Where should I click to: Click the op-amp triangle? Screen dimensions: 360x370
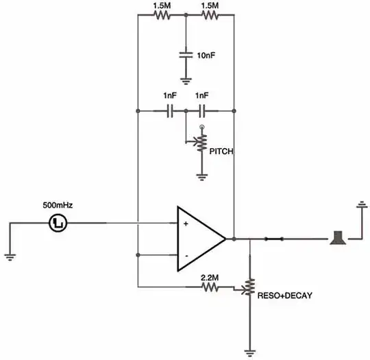(x=199, y=239)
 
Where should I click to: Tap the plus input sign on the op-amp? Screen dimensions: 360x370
(x=185, y=224)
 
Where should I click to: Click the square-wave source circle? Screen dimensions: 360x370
(x=58, y=222)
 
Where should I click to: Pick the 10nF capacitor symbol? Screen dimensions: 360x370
(x=186, y=53)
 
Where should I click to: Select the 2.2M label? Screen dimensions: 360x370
(x=209, y=276)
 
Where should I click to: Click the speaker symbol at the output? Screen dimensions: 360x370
(x=337, y=239)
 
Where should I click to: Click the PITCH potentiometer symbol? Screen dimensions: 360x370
(x=201, y=142)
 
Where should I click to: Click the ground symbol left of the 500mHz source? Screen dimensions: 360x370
(x=10, y=257)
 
